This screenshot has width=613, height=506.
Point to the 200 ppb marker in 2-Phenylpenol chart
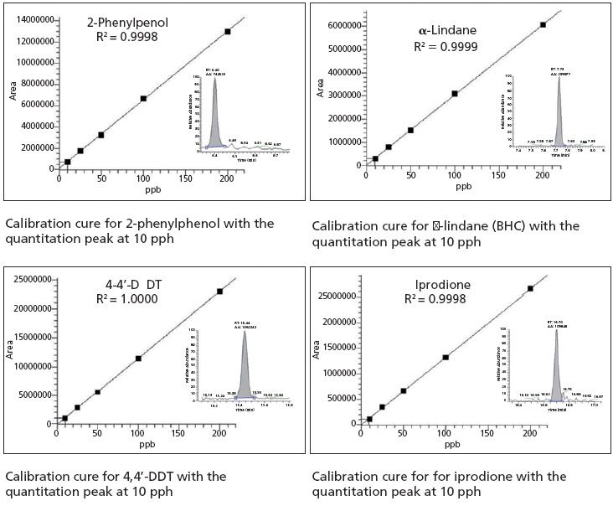point(228,31)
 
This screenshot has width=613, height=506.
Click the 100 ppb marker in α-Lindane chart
point(455,93)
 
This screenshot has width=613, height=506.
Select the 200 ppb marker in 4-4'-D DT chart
point(220,291)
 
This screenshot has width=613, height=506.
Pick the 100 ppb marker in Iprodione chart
point(446,357)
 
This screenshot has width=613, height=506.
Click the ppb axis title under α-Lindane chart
point(463,187)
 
